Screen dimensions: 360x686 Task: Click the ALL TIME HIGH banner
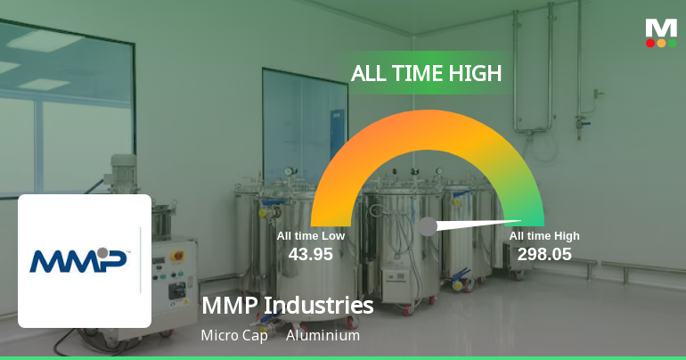click(x=426, y=73)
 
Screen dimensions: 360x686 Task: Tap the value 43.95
click(x=310, y=254)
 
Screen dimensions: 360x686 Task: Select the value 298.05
click(x=544, y=254)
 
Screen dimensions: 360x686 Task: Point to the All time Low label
click(x=310, y=236)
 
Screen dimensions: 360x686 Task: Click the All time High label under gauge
click(x=544, y=236)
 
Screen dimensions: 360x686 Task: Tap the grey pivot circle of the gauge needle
click(x=428, y=226)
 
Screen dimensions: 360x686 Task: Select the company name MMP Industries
click(x=287, y=306)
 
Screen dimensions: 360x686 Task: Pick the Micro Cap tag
click(x=234, y=336)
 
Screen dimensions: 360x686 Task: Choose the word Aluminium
click(x=323, y=336)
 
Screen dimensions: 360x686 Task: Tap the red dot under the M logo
click(x=650, y=43)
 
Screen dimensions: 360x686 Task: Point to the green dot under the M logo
click(x=672, y=43)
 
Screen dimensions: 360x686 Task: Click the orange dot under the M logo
click(x=661, y=43)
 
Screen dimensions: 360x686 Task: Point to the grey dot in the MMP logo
click(x=104, y=252)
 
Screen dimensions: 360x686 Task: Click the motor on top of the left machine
click(x=121, y=169)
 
